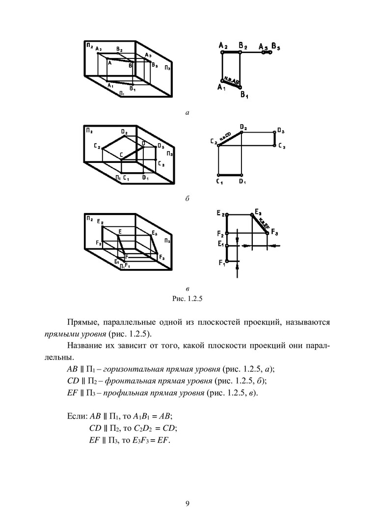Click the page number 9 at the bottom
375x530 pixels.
[187, 503]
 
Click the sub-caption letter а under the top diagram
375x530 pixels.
[187, 113]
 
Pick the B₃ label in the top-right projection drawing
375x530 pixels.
[276, 48]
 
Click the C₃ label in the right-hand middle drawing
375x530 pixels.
[281, 146]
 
